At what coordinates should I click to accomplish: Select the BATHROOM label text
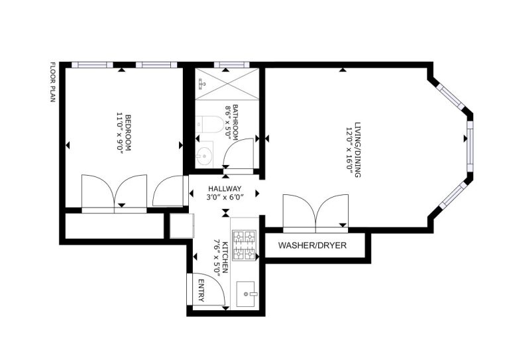[x=235, y=119]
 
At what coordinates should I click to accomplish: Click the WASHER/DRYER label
[x=312, y=246]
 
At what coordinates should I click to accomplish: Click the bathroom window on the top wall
[x=232, y=65]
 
